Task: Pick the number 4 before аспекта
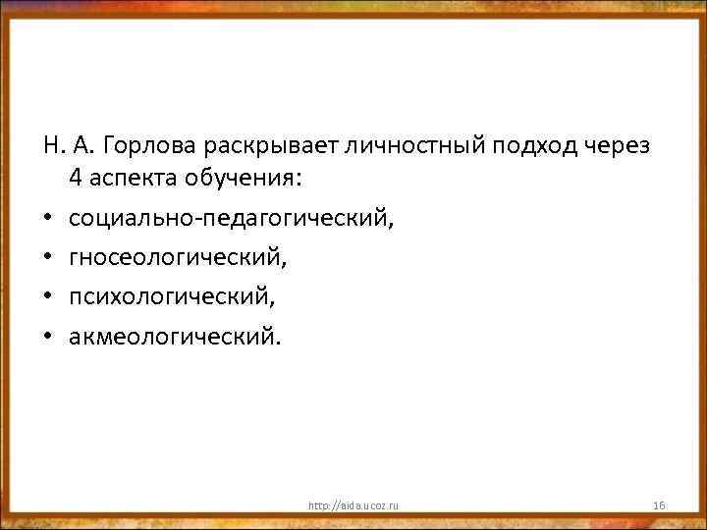click(x=76, y=179)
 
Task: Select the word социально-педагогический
click(x=229, y=218)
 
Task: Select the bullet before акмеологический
click(x=48, y=338)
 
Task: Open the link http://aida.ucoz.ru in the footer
click(x=353, y=504)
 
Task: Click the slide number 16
click(x=659, y=504)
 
